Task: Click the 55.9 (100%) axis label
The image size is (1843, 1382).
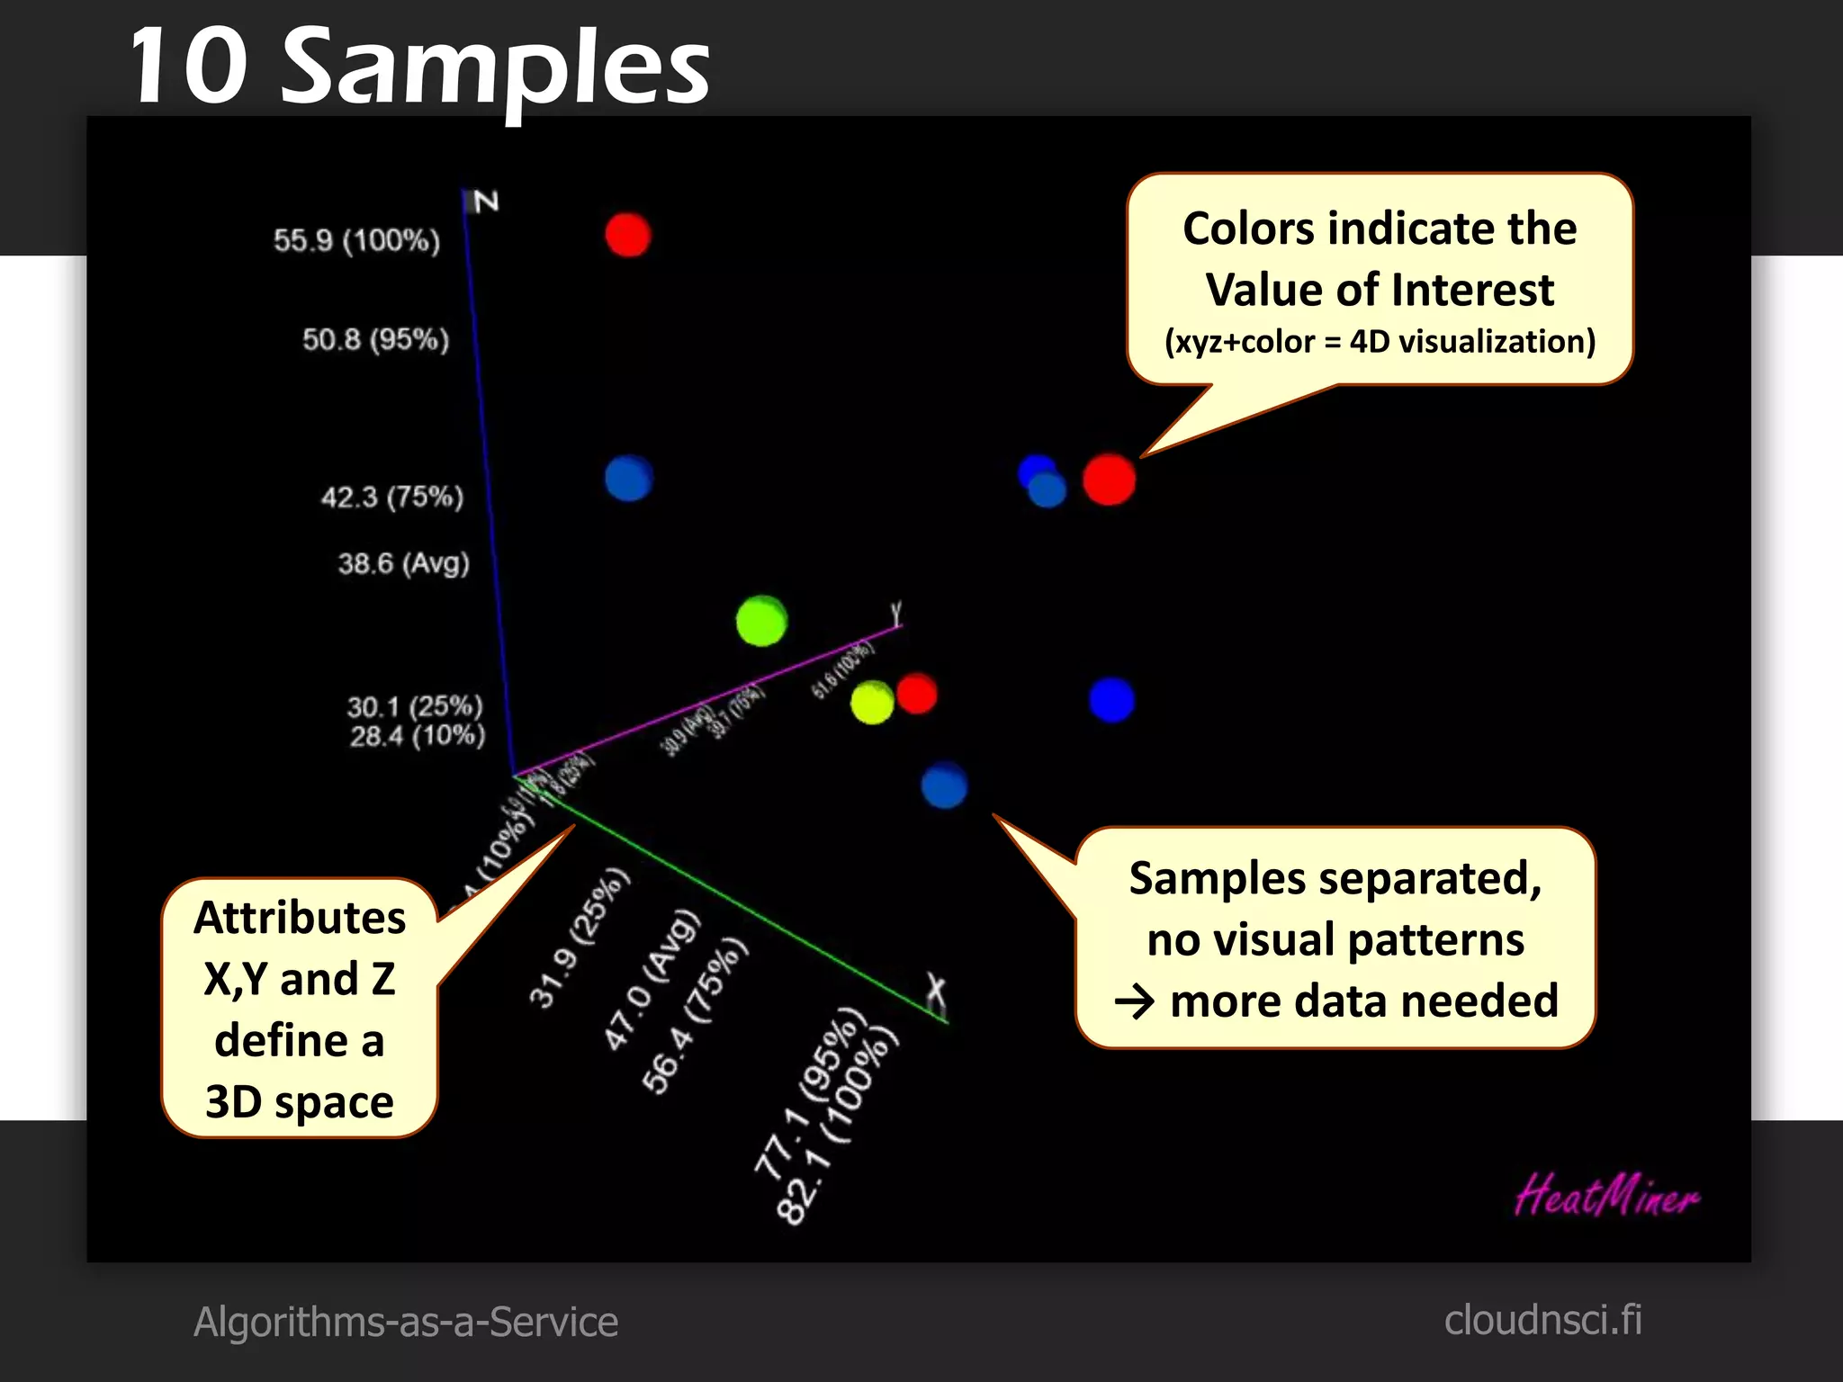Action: [x=356, y=240]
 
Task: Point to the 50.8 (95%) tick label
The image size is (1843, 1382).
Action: [x=375, y=339]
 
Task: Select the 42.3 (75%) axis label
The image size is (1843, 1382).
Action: [x=392, y=497]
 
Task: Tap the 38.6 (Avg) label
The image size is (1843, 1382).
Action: [x=403, y=563]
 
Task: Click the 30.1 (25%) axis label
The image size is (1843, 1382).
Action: [x=415, y=706]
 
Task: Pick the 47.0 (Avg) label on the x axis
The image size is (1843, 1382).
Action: [x=652, y=980]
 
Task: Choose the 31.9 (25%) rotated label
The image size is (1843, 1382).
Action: [x=580, y=938]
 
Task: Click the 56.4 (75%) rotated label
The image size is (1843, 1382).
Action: [x=694, y=1016]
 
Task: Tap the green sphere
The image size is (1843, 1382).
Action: [x=761, y=621]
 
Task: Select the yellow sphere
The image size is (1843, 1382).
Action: [x=871, y=703]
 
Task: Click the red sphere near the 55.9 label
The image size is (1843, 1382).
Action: [x=627, y=235]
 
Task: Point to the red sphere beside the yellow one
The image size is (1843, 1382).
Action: [x=917, y=693]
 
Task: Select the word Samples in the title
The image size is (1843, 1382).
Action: [x=496, y=67]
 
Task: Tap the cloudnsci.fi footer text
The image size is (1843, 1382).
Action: [x=1542, y=1320]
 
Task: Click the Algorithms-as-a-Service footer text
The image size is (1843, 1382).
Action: [x=406, y=1322]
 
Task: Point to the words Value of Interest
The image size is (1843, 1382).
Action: [x=1380, y=290]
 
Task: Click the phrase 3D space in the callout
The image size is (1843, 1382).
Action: [x=300, y=1101]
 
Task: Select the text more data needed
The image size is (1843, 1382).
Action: [x=1363, y=1001]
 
